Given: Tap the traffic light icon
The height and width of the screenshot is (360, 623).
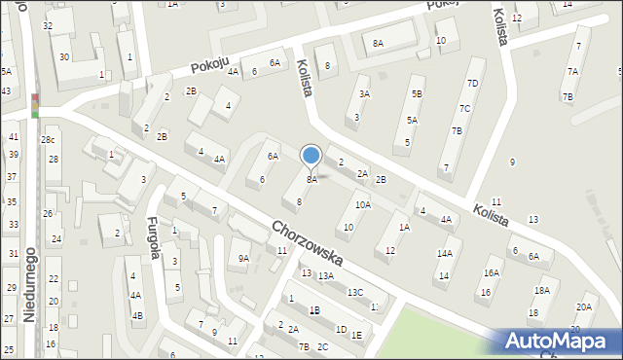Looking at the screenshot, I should coord(35,105).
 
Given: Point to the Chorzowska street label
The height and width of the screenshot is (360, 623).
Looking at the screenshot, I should coord(307,243).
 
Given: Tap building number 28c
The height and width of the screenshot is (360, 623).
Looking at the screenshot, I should coord(47,140).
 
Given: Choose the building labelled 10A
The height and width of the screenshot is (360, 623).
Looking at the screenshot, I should coord(362,205).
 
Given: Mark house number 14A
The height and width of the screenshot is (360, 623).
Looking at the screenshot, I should coord(444,254).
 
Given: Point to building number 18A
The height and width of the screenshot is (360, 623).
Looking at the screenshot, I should coord(540,291).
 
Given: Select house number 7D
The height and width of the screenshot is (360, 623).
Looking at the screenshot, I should coord(472,84).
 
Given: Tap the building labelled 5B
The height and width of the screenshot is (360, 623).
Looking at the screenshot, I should coord(417,94).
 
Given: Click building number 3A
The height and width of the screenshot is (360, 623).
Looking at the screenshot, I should coord(364,94).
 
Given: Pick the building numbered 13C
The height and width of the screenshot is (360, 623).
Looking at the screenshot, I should coord(355,292).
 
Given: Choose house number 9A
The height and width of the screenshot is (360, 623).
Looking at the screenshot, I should coord(243,258).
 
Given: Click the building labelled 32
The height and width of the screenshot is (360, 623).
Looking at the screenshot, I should coord(48,24).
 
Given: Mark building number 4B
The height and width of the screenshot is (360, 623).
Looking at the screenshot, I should coord(137,315).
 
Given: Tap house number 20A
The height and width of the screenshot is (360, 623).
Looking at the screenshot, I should coord(583,306).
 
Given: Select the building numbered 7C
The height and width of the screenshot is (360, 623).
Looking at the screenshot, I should coord(464,108).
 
